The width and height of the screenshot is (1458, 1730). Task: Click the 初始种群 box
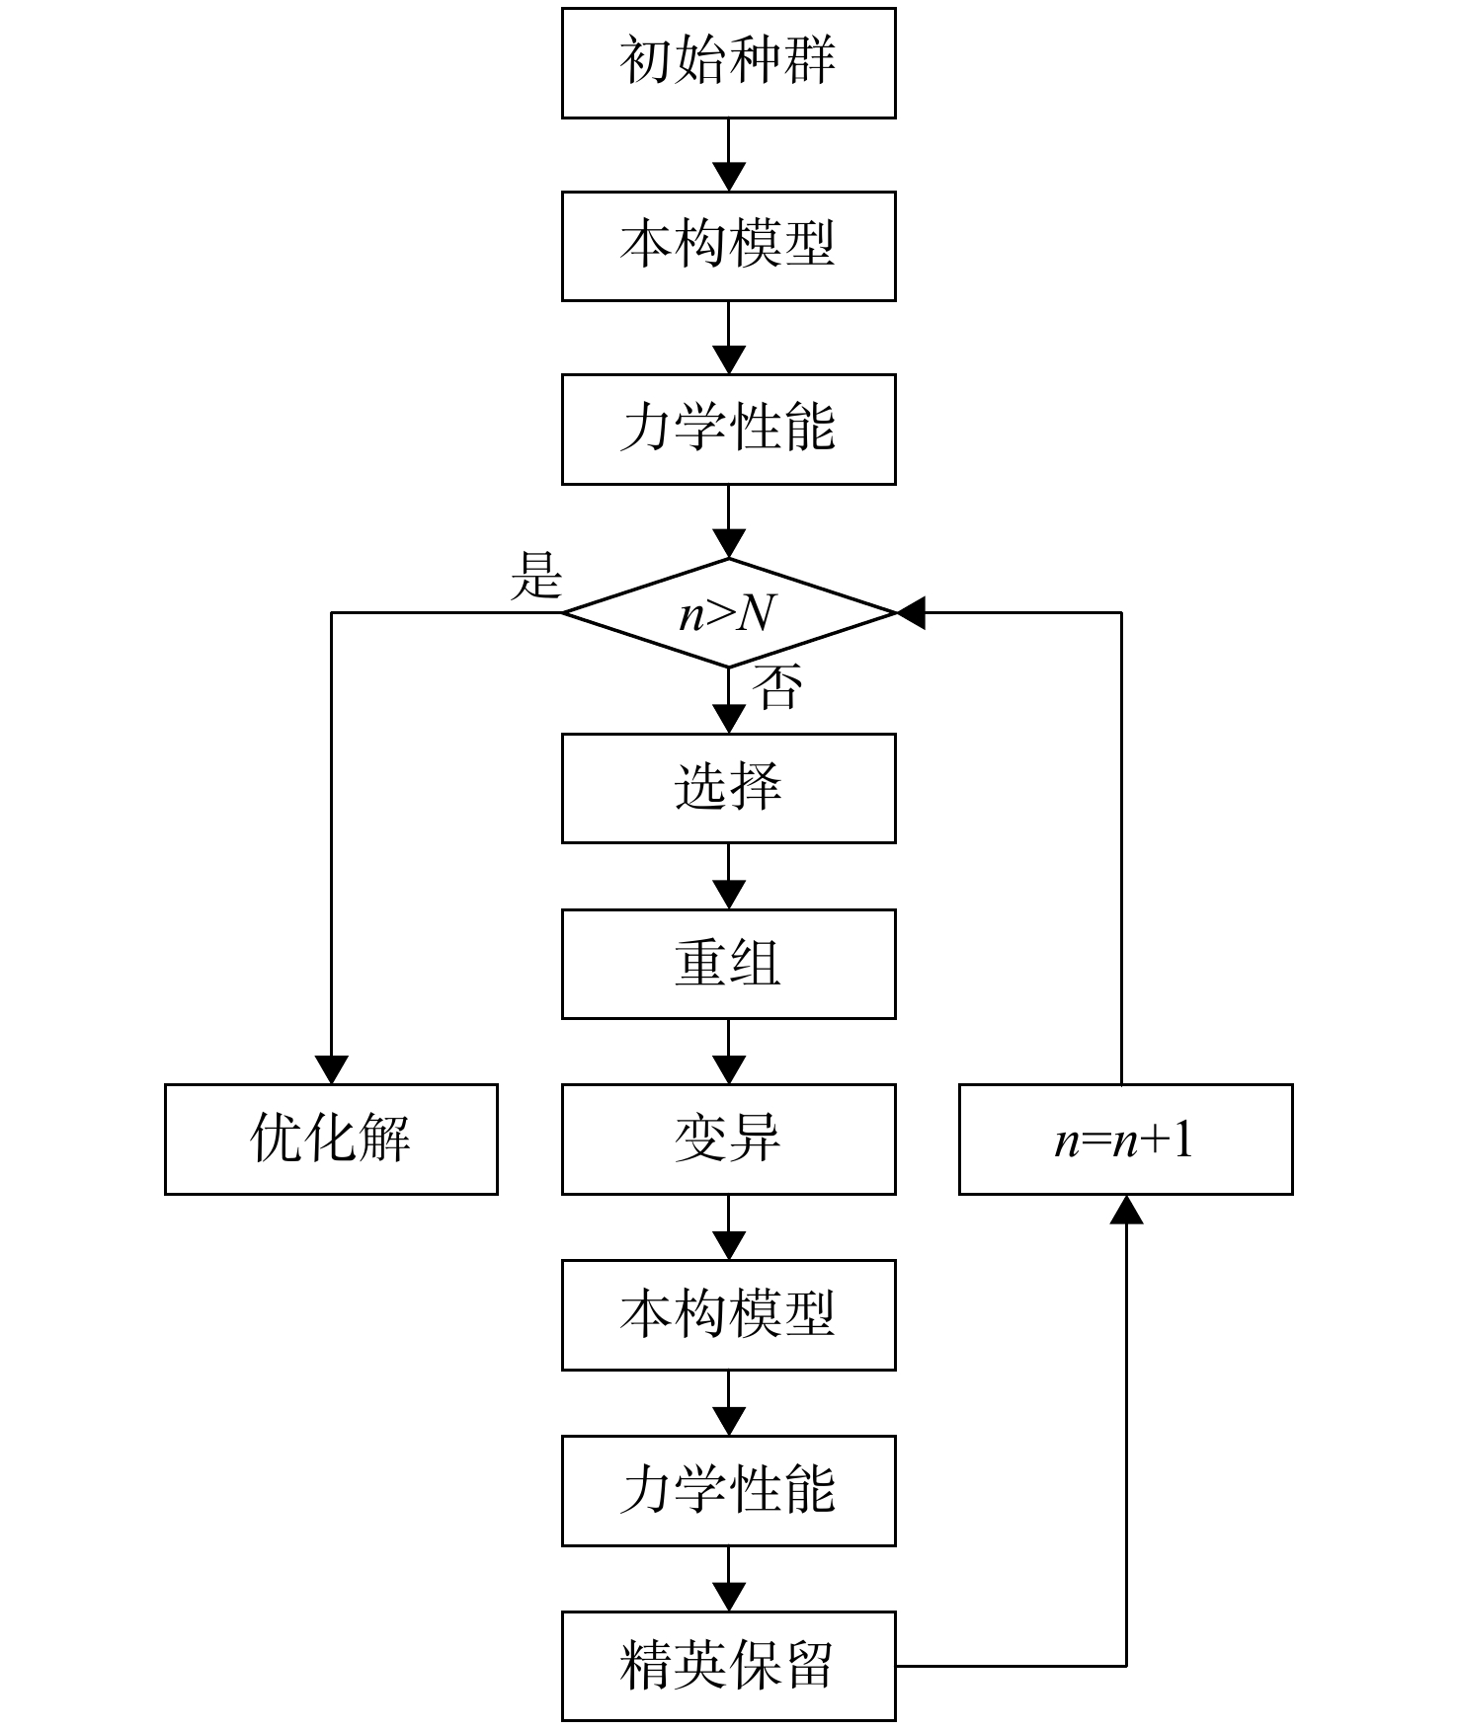728,63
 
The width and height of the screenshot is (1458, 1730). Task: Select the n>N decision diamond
728,613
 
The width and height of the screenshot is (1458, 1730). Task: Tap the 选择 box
728,788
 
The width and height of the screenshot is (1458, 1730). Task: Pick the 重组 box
728,964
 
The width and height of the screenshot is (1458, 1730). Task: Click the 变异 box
728,1140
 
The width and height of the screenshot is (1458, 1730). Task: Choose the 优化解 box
331,1140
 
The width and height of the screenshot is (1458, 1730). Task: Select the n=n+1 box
1125,1140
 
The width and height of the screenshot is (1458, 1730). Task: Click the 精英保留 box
728,1667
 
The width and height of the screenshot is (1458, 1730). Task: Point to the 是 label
536,576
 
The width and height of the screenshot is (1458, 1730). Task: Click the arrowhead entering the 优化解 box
331,1069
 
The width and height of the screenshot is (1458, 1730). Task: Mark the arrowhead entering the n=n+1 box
1126,1210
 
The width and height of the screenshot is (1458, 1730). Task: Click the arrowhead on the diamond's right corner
911,612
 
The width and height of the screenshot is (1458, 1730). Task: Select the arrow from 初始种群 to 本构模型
729,155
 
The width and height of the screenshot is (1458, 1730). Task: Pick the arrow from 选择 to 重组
729,876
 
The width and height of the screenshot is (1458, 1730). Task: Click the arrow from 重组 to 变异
729,1052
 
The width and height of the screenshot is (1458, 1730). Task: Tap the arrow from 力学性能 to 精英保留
729,1579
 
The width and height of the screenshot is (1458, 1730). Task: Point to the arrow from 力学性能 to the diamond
729,521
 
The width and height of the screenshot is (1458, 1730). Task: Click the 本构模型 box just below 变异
728,1315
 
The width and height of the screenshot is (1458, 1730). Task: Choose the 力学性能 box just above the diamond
728,430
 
